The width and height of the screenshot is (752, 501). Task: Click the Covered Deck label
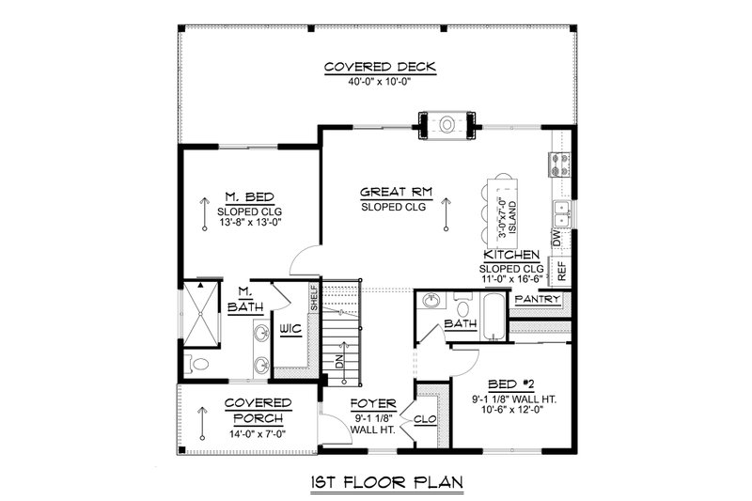380,67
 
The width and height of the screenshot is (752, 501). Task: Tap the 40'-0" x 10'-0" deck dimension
380,82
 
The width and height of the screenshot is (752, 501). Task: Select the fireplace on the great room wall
447,125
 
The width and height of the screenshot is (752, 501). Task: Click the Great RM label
396,193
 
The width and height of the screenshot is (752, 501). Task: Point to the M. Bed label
250,197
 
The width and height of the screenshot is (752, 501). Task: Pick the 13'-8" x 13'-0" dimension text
249,223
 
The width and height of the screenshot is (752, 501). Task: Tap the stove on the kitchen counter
559,164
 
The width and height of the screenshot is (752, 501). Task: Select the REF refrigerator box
560,271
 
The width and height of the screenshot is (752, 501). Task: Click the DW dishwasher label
556,238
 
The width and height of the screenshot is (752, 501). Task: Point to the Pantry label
537,300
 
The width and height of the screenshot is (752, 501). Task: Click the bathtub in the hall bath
493,317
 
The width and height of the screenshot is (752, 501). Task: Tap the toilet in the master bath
197,365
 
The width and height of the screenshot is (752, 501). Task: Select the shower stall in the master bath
201,314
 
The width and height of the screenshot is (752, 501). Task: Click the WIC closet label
291,329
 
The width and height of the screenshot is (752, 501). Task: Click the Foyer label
373,404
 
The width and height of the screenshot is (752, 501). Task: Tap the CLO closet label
426,419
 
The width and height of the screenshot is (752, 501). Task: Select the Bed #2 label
511,384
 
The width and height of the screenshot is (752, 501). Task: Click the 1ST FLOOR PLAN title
387,482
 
